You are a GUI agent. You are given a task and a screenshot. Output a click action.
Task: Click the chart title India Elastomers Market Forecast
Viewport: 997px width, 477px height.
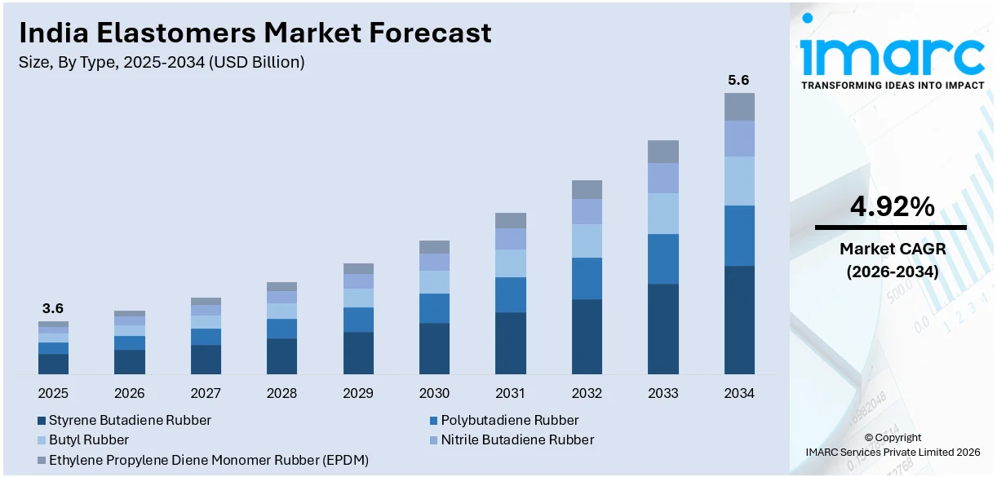click(x=255, y=33)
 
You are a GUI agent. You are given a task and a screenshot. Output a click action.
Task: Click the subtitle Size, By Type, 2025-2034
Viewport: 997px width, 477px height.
click(x=162, y=63)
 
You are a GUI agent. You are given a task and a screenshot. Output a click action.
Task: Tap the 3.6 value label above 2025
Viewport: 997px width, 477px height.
click(x=53, y=308)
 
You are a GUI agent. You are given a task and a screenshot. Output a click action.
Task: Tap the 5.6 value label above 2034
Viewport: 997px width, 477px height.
click(x=738, y=80)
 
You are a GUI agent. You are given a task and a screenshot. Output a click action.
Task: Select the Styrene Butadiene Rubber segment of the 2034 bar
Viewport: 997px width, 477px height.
click(x=739, y=320)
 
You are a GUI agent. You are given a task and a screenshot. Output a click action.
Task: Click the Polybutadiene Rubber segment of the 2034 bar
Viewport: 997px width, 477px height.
click(x=739, y=236)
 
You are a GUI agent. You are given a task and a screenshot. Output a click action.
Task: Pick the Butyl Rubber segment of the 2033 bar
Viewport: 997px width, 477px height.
click(x=663, y=214)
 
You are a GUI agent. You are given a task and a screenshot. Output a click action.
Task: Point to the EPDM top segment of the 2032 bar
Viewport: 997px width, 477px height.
click(x=587, y=190)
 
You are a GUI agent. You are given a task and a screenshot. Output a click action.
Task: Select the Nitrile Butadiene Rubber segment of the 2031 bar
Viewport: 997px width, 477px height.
click(x=511, y=239)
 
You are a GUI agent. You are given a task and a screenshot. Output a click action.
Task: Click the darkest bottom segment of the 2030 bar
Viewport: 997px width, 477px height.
click(x=434, y=348)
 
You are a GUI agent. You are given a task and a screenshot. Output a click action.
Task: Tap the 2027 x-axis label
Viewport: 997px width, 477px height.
click(x=206, y=394)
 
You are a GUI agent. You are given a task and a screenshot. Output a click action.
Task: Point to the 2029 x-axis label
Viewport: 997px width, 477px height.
click(x=358, y=394)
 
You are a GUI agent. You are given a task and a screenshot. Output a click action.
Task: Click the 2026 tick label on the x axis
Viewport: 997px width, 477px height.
click(x=129, y=394)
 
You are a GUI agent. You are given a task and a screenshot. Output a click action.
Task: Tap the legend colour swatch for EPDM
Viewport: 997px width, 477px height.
click(x=41, y=461)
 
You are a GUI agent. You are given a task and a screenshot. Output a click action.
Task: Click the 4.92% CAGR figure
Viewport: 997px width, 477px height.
click(x=892, y=208)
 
